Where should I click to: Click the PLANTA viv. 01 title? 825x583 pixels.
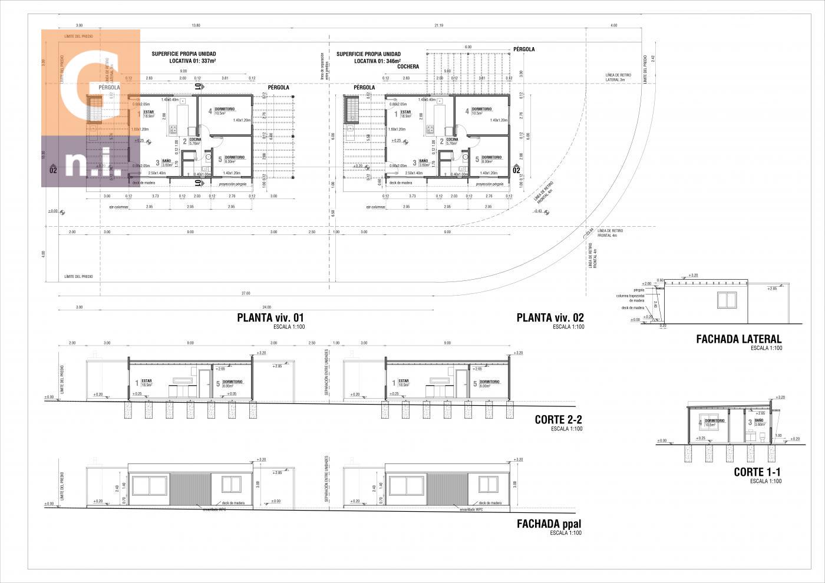tap(270, 317)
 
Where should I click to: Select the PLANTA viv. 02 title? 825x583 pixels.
tap(550, 317)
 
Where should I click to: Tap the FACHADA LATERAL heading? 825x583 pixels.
tap(738, 339)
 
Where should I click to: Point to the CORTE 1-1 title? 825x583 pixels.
tap(757, 472)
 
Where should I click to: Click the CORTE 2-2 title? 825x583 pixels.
tap(558, 420)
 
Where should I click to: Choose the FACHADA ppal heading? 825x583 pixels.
tap(549, 524)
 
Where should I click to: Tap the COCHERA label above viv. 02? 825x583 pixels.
tap(408, 67)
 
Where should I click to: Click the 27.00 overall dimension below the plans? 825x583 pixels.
tap(245, 293)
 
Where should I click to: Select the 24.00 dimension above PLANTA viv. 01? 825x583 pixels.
tap(266, 307)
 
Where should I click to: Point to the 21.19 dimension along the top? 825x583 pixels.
tap(438, 25)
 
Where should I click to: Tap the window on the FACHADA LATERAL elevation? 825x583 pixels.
tap(727, 300)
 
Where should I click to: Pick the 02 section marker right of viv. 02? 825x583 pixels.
tap(517, 170)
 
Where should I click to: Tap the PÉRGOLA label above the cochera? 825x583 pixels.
tap(524, 49)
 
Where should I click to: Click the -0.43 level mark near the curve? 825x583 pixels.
tap(538, 210)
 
